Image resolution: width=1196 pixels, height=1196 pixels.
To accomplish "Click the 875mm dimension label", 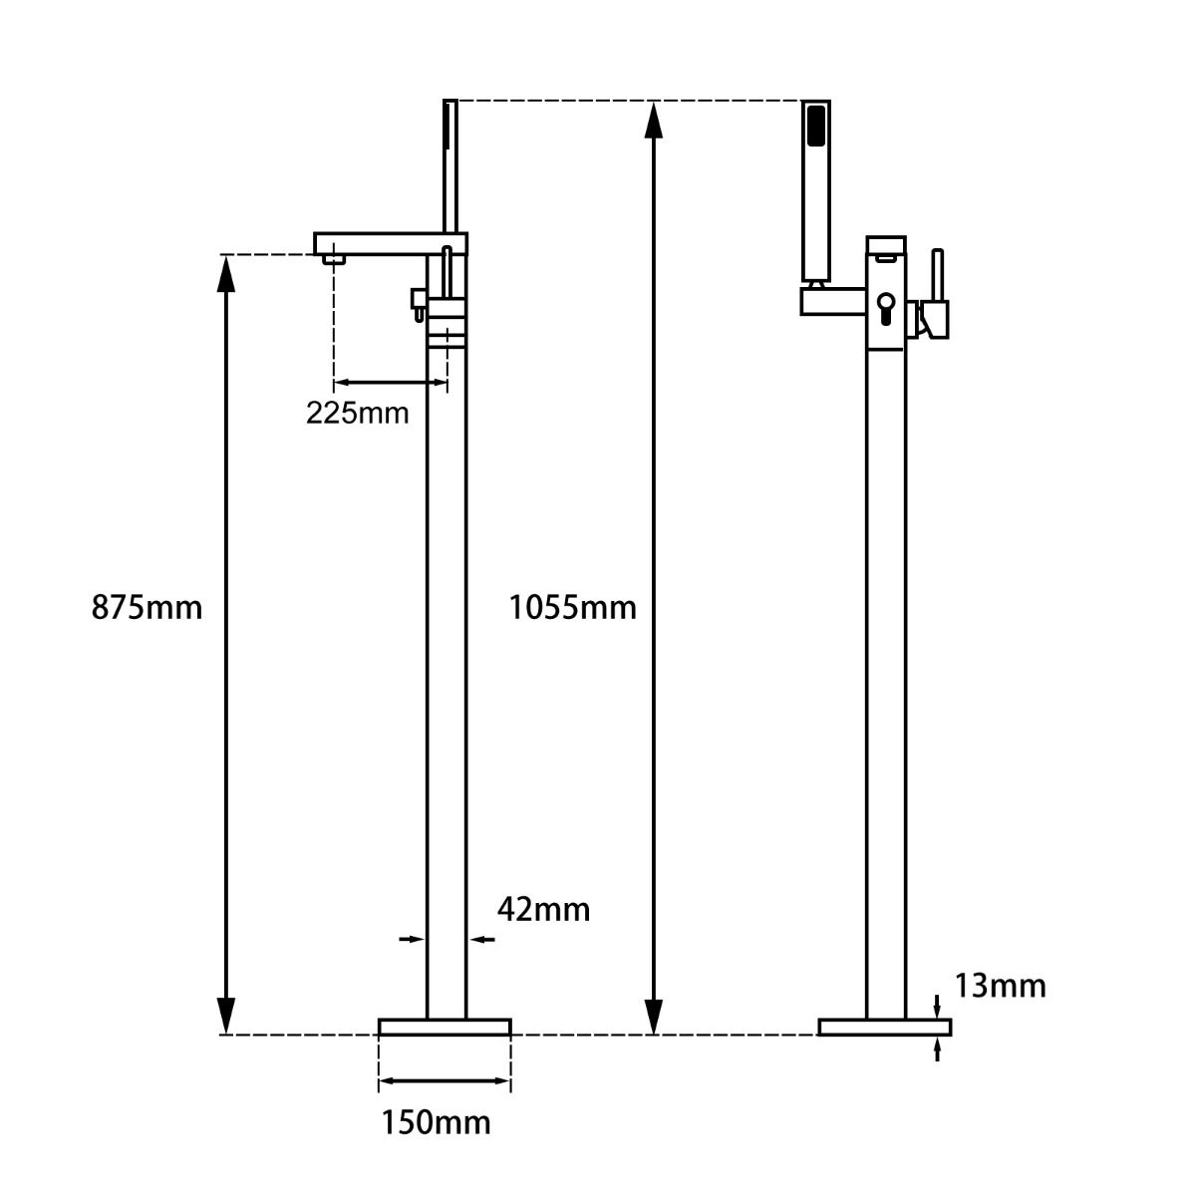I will pos(147,607).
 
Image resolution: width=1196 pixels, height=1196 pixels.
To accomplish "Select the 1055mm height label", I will pos(572,607).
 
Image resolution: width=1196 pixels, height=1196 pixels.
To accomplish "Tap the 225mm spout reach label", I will pos(357,413).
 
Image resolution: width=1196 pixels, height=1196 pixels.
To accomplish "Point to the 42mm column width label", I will pos(543,909).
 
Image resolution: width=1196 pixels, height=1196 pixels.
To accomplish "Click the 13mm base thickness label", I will pos(1000,986).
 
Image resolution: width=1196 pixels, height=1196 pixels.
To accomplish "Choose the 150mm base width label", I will pos(436,1122).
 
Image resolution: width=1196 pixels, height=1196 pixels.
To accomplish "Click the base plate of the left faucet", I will pos(445,1027).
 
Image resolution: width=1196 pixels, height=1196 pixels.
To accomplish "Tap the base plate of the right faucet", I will pos(884,1027).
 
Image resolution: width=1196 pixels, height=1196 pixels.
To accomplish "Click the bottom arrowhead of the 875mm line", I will pos(227,1017).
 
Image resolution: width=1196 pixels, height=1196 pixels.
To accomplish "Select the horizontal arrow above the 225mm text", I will pos(390,382).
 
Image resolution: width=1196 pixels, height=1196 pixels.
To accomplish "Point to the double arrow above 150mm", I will pos(445,1081).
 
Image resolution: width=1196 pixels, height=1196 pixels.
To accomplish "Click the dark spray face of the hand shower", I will pos(816,127).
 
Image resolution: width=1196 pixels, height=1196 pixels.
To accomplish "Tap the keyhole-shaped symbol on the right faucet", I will pos(885,306).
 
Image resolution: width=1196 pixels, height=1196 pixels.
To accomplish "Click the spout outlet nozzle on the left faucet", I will pos(334,259).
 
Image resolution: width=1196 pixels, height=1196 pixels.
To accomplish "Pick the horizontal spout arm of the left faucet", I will pos(379,243).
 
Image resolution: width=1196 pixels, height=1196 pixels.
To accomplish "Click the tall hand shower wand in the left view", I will pos(450,164).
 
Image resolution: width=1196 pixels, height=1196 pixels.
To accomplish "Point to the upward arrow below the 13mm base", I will pos(937,1049).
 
